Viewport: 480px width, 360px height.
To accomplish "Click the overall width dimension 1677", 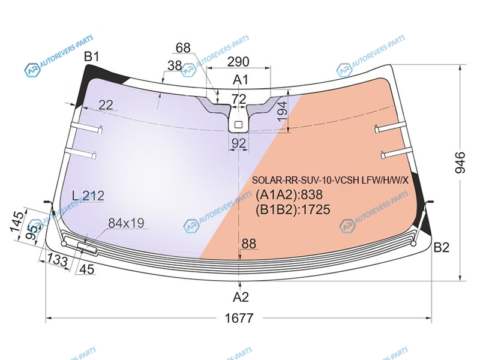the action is coord(239,318).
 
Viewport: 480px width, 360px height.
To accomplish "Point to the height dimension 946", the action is coord(460,162).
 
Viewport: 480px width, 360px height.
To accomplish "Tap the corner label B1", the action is coord(92,56).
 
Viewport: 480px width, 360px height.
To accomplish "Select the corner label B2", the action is coord(441,247).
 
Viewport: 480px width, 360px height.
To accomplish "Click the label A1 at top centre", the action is coord(241,80).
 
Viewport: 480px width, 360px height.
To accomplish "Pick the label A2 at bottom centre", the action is coord(241,297).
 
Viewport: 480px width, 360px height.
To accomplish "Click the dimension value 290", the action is coord(238,62).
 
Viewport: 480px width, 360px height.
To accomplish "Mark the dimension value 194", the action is coord(282,111).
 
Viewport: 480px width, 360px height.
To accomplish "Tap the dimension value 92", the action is coord(238,143).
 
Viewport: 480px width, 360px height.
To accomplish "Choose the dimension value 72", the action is coord(239,99).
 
